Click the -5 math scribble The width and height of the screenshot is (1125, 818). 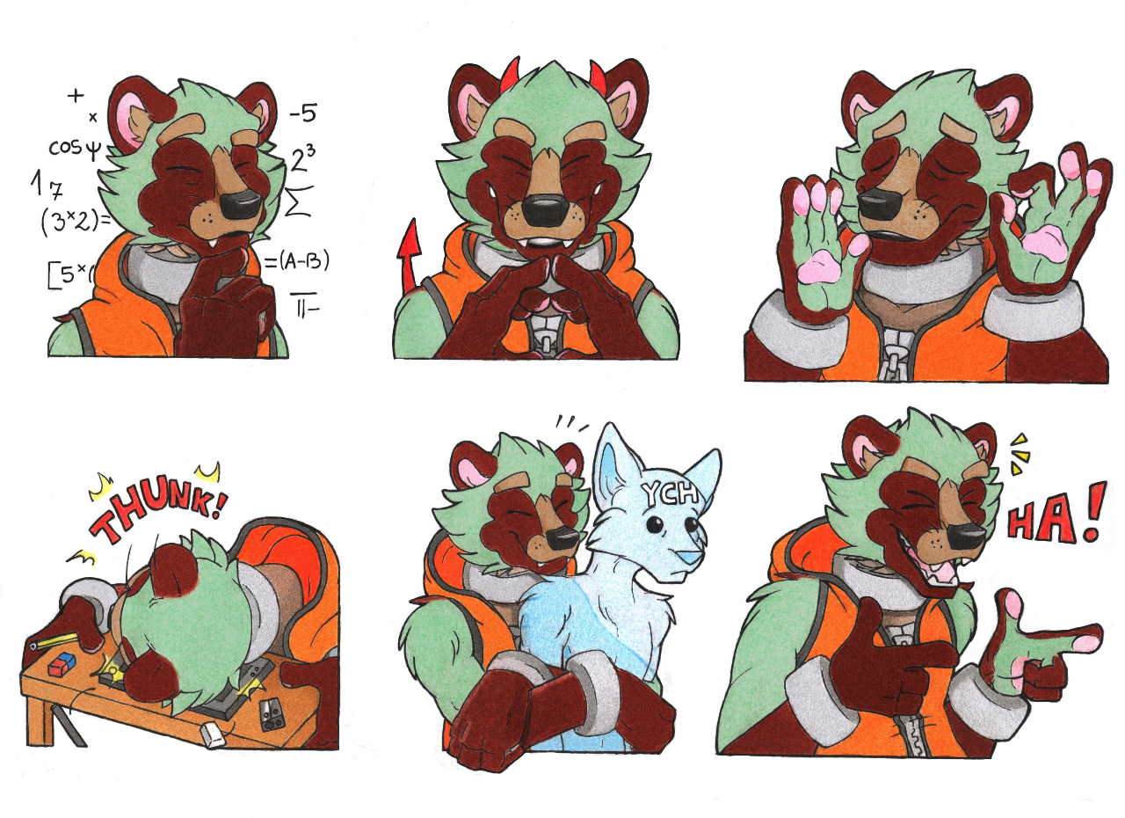point(303,114)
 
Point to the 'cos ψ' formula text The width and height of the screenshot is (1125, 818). point(75,149)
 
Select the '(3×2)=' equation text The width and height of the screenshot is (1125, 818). point(76,221)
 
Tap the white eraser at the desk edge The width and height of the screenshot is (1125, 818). point(213,736)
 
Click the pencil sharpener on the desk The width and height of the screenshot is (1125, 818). point(272,714)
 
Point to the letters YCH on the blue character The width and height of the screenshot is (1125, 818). point(671,493)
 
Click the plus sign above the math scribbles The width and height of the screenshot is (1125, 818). point(76,96)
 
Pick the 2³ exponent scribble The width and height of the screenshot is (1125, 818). point(303,158)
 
